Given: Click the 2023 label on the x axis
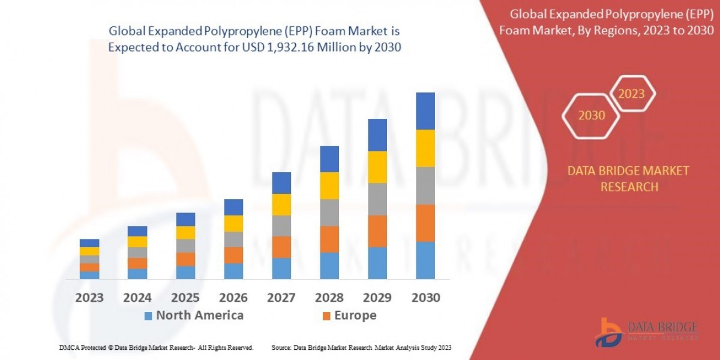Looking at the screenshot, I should [x=89, y=298].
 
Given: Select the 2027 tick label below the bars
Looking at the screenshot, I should [x=281, y=298].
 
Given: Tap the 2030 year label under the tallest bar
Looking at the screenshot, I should [x=425, y=298].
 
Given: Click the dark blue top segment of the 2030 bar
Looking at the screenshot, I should [x=425, y=111].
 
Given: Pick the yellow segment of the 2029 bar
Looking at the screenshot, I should [x=377, y=167].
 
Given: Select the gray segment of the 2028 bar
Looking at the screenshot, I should [x=329, y=212].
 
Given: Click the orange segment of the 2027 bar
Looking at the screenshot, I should [x=281, y=247].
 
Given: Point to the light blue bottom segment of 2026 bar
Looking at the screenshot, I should [x=233, y=271].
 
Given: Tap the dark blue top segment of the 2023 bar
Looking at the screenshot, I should [x=89, y=243].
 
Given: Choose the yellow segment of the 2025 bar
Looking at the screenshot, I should [x=185, y=233].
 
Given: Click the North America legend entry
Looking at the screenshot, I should [x=193, y=316].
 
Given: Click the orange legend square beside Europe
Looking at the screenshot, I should [x=326, y=316].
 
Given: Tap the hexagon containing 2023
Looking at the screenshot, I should [x=631, y=94].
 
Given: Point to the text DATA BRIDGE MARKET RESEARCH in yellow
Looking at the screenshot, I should [x=628, y=179].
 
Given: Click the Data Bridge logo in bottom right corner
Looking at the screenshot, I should [x=646, y=332].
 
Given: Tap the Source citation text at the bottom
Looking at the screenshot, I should [x=361, y=348].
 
